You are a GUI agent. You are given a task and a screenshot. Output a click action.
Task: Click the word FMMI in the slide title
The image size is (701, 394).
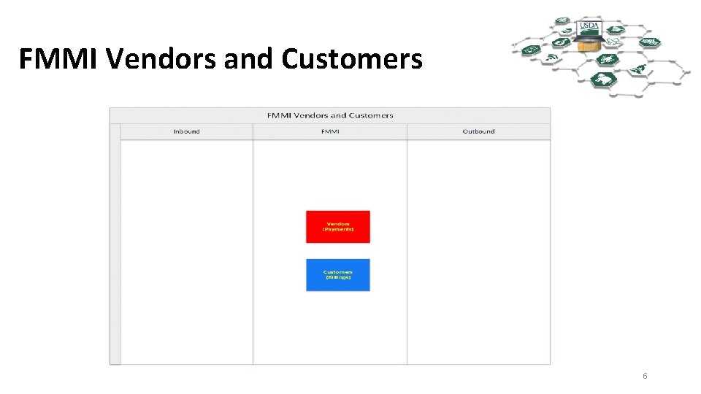[58, 59]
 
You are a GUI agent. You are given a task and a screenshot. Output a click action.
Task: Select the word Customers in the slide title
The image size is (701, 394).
[351, 59]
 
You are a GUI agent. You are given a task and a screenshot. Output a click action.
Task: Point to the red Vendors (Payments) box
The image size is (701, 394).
[337, 227]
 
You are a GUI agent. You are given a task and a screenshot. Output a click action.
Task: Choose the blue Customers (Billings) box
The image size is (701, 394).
[337, 275]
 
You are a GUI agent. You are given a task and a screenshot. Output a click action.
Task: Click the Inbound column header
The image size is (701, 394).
[186, 132]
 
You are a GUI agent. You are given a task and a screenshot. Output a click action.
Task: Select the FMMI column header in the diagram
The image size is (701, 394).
[330, 132]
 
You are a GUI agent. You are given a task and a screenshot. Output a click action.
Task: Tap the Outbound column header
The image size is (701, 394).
[478, 132]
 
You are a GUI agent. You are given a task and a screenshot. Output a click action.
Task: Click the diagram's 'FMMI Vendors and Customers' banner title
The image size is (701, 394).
[330, 115]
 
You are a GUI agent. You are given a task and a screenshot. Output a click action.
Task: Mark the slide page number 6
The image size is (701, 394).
[645, 376]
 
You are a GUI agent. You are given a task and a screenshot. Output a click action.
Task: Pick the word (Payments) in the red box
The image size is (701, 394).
[338, 230]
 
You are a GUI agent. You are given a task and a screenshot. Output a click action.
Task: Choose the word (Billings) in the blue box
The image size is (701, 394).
[338, 278]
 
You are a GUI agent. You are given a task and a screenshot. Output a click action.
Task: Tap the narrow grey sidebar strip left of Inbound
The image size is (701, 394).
[115, 244]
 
